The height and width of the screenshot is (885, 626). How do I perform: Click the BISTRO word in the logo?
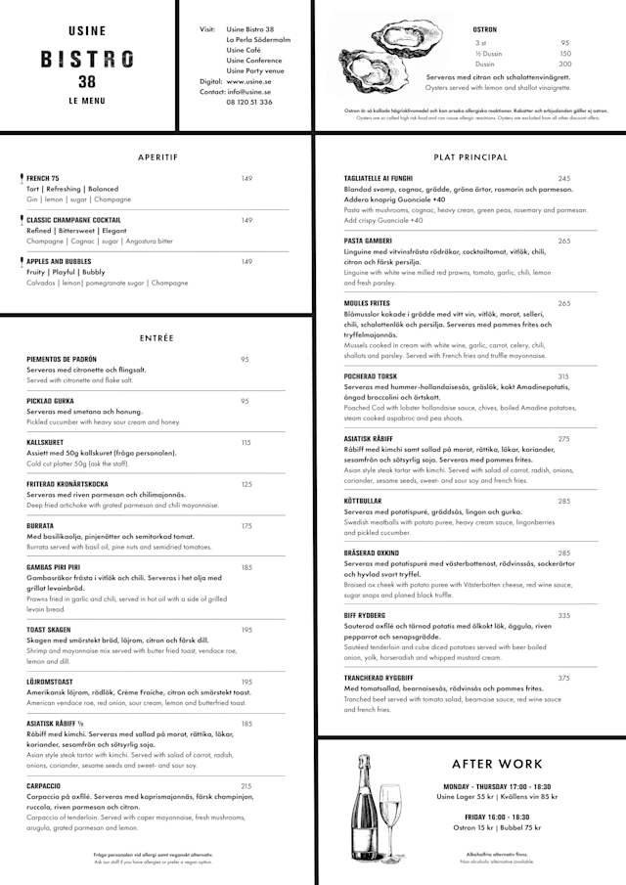tap(87, 59)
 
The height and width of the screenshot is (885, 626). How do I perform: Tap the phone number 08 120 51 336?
tap(248, 102)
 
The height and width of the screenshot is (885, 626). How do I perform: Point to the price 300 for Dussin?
tap(565, 65)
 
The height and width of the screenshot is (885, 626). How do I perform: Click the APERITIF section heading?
tap(157, 156)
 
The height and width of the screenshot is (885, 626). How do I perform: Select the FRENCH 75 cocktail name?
tap(43, 178)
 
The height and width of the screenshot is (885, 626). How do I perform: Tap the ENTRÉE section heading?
tap(156, 338)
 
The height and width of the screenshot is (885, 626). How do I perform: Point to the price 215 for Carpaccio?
tap(246, 785)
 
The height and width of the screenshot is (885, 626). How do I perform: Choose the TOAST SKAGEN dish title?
tap(49, 630)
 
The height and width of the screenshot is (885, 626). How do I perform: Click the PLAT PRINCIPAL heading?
tap(470, 156)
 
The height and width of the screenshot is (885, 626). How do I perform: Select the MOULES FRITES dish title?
tap(367, 303)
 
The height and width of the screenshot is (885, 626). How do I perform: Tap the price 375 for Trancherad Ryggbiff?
tap(564, 678)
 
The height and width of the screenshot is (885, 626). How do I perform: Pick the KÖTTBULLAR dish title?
tap(362, 501)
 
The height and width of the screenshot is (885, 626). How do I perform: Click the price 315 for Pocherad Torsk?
tap(563, 376)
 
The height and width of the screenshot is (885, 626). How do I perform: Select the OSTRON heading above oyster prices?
tap(484, 29)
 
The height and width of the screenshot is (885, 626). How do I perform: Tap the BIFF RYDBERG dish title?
tap(365, 615)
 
